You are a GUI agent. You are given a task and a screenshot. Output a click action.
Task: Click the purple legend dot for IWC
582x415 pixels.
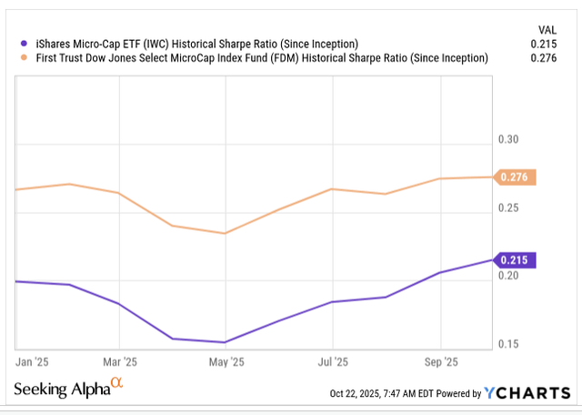[25, 44]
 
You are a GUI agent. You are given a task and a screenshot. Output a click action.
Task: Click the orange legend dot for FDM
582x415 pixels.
[25, 58]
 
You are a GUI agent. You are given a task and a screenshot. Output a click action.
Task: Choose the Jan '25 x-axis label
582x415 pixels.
[34, 362]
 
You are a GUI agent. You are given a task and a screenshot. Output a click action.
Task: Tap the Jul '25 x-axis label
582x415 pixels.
[334, 362]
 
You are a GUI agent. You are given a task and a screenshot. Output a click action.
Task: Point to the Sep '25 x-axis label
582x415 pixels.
[442, 362]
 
